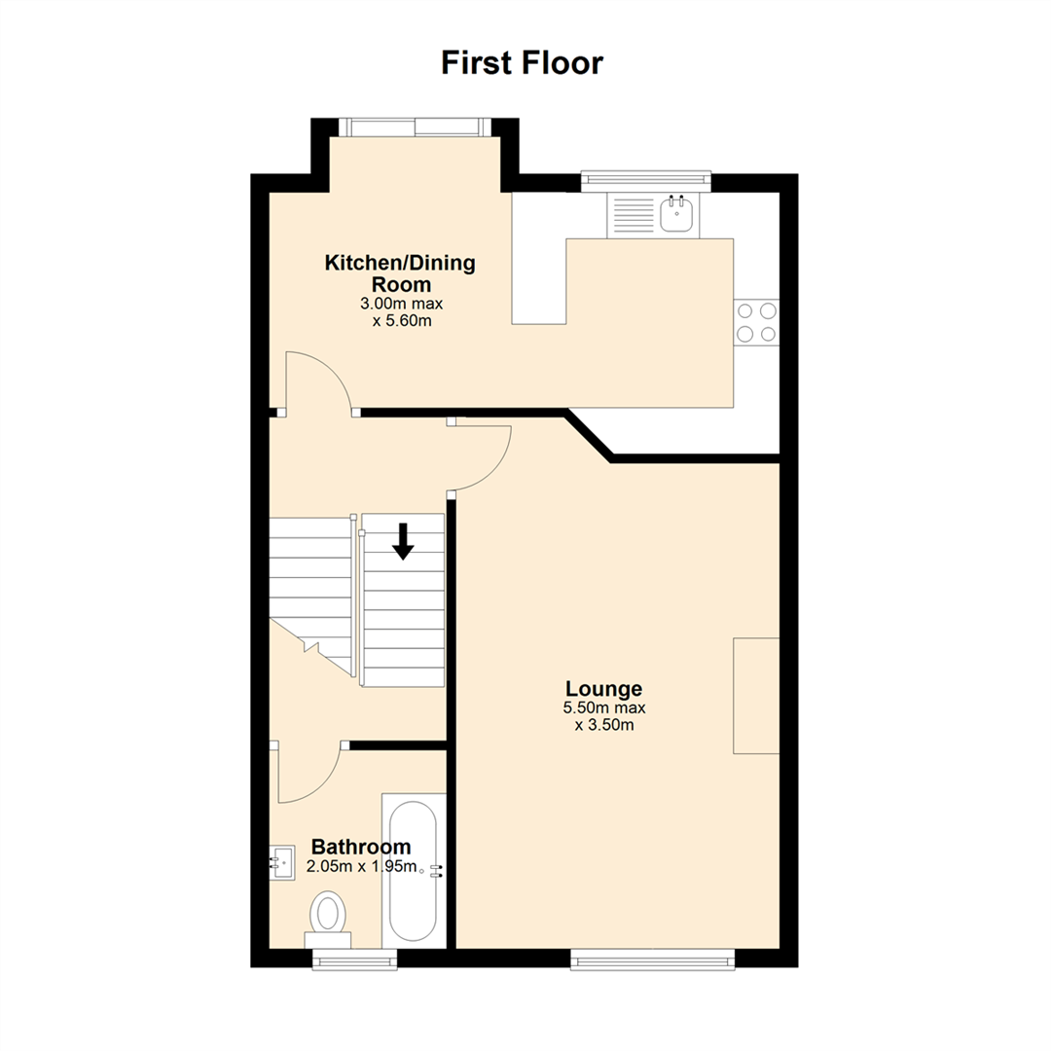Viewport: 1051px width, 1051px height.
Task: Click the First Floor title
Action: click(x=523, y=63)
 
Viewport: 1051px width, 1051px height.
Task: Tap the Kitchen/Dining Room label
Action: click(x=400, y=272)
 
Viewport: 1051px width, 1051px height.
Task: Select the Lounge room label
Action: click(x=604, y=688)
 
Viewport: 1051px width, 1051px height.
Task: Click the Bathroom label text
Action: click(x=361, y=847)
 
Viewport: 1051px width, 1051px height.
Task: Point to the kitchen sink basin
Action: click(x=676, y=214)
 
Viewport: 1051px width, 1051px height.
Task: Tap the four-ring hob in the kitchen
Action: click(x=757, y=322)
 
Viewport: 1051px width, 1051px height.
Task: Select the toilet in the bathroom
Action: click(x=328, y=919)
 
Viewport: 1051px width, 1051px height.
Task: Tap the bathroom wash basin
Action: click(x=282, y=862)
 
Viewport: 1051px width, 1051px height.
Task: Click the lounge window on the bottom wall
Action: click(x=652, y=960)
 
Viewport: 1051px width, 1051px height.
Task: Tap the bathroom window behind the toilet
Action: click(x=354, y=960)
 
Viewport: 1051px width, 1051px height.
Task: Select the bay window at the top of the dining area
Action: click(x=415, y=127)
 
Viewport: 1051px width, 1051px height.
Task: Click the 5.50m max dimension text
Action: click(x=604, y=707)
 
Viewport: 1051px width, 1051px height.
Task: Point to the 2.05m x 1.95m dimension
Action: click(x=361, y=867)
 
